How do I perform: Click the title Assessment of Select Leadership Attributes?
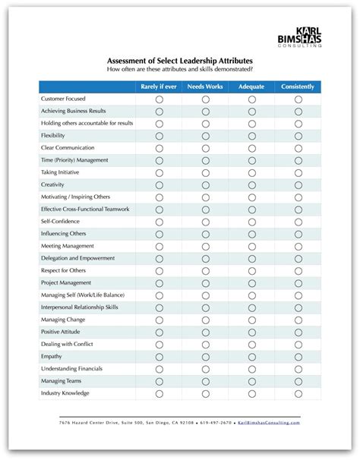pos(179,60)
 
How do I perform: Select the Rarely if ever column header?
pos(159,87)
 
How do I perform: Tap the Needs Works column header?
pos(205,87)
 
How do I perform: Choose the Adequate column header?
pos(251,87)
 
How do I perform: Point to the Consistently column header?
pos(298,87)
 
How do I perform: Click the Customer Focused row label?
pos(63,99)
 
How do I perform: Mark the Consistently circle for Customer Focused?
pos(298,99)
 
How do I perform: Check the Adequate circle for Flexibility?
pos(251,136)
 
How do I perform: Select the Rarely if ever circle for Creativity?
pos(159,184)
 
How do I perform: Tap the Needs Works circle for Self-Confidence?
pos(205,222)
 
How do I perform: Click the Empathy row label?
pos(52,356)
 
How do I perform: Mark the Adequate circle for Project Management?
pos(251,282)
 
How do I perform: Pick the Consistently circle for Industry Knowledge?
pos(298,393)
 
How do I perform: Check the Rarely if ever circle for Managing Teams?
pos(159,380)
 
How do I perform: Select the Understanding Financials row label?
pos(71,368)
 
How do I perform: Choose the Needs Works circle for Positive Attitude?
pos(205,332)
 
